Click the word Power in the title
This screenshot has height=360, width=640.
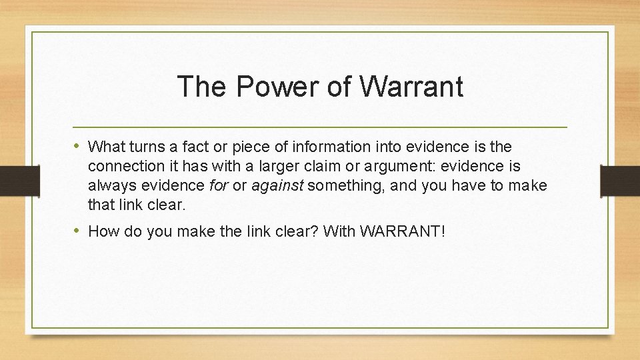click(262, 87)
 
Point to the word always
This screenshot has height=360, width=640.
click(109, 184)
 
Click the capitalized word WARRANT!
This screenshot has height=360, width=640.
click(402, 231)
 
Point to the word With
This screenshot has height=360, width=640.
click(341, 231)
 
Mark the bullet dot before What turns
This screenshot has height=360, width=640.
click(78, 145)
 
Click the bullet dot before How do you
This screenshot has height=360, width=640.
click(78, 231)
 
